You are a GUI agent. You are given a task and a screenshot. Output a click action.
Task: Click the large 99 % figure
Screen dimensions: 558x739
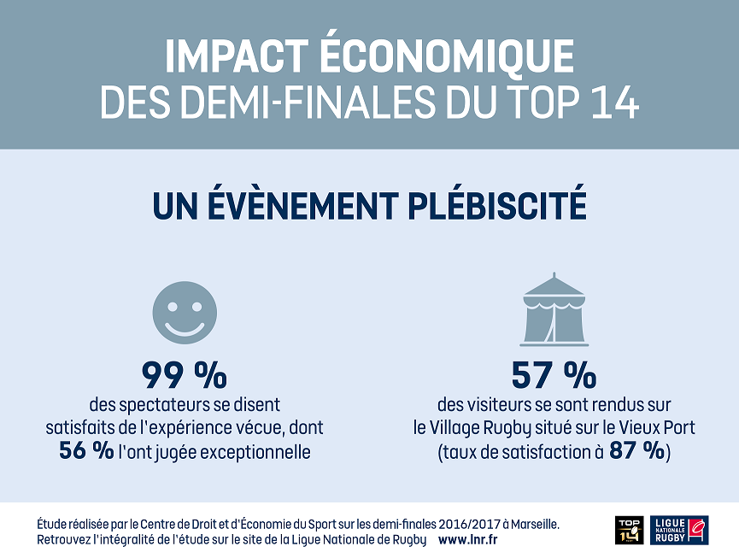click(185, 375)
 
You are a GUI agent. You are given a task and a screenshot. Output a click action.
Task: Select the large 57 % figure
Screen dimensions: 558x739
click(554, 375)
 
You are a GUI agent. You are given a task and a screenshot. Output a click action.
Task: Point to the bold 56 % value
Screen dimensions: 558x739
click(86, 451)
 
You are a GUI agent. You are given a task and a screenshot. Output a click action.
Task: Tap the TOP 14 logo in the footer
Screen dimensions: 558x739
click(629, 530)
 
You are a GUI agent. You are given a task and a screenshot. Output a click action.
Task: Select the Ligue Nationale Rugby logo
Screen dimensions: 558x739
click(680, 530)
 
